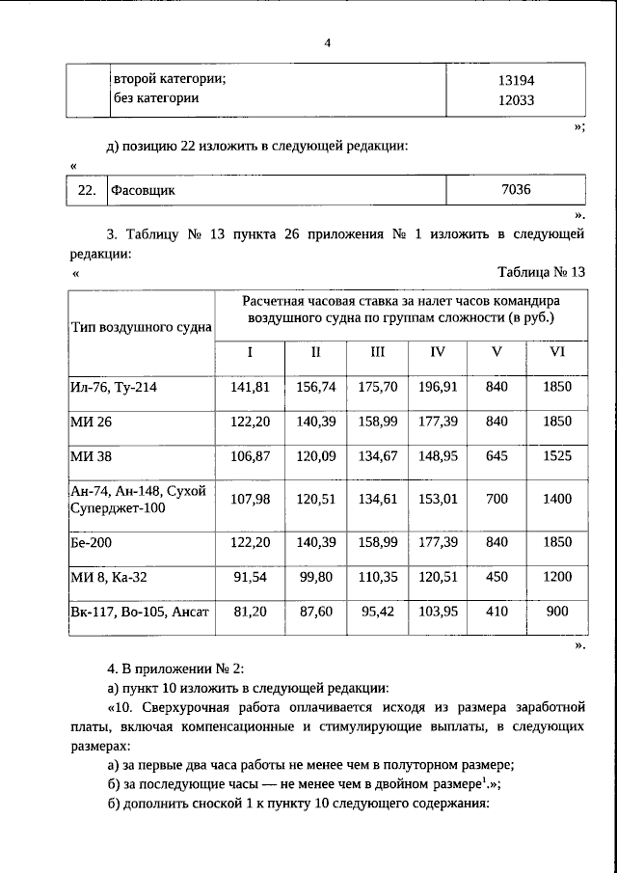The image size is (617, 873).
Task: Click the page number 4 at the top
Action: [327, 42]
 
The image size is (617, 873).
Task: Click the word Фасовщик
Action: [143, 190]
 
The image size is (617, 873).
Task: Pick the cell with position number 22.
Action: [86, 190]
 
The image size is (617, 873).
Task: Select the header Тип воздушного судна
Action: [141, 326]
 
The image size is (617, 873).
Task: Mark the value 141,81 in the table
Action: [250, 387]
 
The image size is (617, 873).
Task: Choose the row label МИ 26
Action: [92, 422]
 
